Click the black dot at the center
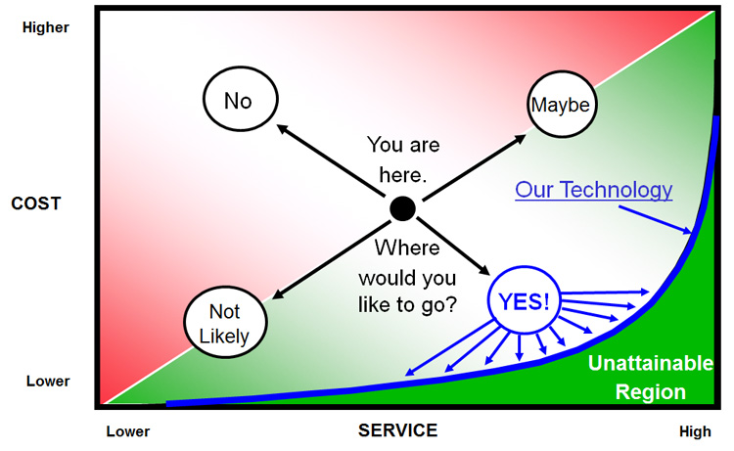[x=402, y=208]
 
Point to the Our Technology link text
[x=594, y=189]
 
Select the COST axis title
[x=36, y=204]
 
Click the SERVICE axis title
[x=397, y=430]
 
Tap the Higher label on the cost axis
[x=45, y=27]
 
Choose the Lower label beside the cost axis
[x=44, y=382]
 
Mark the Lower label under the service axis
[x=128, y=431]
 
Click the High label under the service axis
[x=696, y=431]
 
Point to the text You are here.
[x=402, y=160]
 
